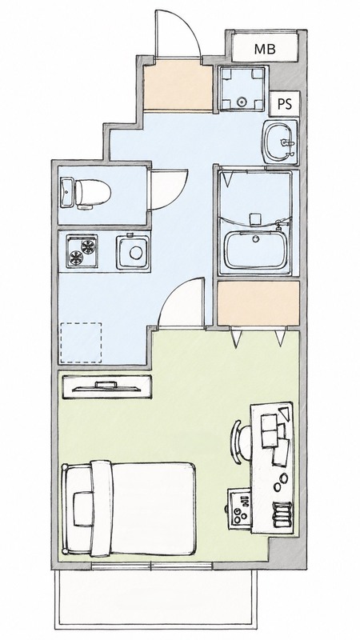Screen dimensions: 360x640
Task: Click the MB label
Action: coord(265,49)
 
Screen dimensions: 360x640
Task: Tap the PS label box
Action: coord(285,104)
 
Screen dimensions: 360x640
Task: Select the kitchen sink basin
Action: coord(133,252)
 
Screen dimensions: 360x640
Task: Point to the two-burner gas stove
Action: coord(82,250)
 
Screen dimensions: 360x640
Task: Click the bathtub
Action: coord(256,250)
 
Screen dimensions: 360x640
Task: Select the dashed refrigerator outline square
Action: coord(81,342)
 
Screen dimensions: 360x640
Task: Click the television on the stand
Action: coord(106,386)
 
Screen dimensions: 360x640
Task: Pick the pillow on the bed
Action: coord(83,508)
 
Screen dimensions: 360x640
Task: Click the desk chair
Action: coord(241,442)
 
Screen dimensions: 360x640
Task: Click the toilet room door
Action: coord(169,190)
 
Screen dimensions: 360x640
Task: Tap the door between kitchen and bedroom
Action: coord(182,302)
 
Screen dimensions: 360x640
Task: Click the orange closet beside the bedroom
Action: coord(258,303)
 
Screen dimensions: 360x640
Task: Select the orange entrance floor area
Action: coord(178,86)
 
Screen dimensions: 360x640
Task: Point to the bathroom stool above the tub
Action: coord(255,218)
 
